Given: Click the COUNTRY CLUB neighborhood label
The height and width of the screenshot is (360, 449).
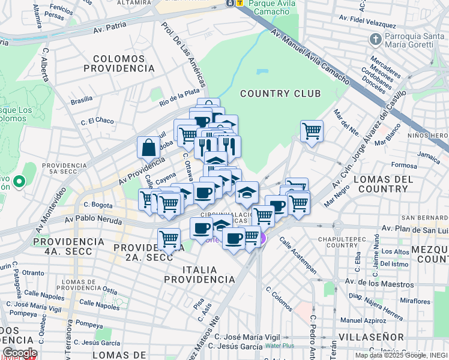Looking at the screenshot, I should (280, 94).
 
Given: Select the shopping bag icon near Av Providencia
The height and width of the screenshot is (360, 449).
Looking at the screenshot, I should (148, 147).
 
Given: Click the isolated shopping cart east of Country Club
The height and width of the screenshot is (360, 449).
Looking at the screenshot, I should (312, 130).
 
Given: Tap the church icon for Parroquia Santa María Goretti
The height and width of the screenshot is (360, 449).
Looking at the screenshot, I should (376, 40).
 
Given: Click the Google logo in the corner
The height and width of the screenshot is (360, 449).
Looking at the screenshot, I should (19, 353).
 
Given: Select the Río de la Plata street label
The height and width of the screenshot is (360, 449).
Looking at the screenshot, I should (179, 96).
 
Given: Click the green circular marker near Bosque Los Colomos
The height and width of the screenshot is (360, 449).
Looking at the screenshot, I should (19, 181).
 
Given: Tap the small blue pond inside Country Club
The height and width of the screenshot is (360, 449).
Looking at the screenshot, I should (262, 72).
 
